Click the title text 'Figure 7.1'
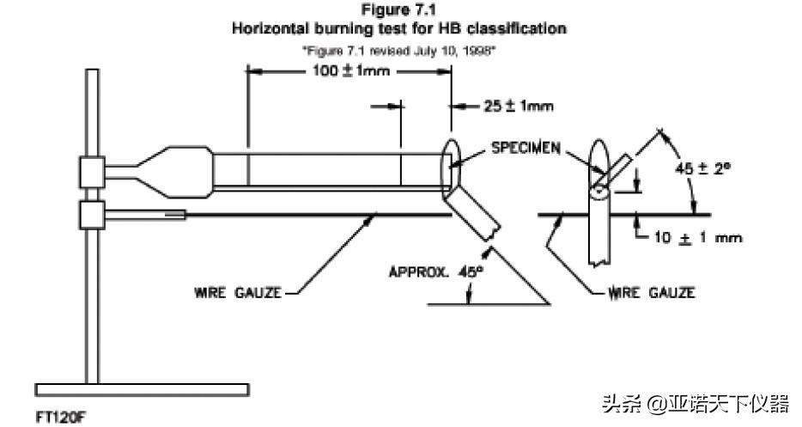(399, 11)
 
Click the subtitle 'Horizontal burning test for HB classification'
(399, 28)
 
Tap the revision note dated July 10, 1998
(399, 50)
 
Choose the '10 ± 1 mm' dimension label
(696, 237)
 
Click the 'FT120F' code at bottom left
(62, 417)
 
